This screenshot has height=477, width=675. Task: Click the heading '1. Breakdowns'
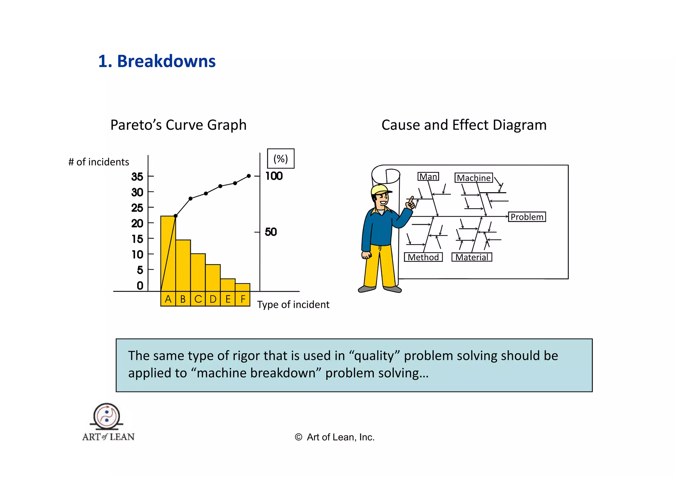tap(157, 61)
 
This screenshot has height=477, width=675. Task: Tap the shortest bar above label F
tap(243, 287)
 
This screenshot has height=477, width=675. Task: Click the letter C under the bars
tap(198, 299)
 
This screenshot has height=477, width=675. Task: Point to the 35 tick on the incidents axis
tap(137, 177)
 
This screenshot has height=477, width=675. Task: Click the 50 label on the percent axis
tap(271, 232)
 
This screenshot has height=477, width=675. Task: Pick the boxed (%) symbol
tap(280, 159)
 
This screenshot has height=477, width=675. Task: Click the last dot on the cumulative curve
tap(249, 176)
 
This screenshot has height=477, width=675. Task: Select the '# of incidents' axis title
tap(99, 162)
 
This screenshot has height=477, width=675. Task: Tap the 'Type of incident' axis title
tap(293, 305)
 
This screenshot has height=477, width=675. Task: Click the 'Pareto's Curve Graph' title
tap(178, 125)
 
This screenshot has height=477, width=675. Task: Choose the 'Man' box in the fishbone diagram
tap(428, 177)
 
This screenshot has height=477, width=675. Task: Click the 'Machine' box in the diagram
tap(474, 178)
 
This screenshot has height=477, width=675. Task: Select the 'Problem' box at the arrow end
tap(527, 217)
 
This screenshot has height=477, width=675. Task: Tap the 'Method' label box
tap(423, 257)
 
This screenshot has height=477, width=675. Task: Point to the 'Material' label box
tap(472, 257)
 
